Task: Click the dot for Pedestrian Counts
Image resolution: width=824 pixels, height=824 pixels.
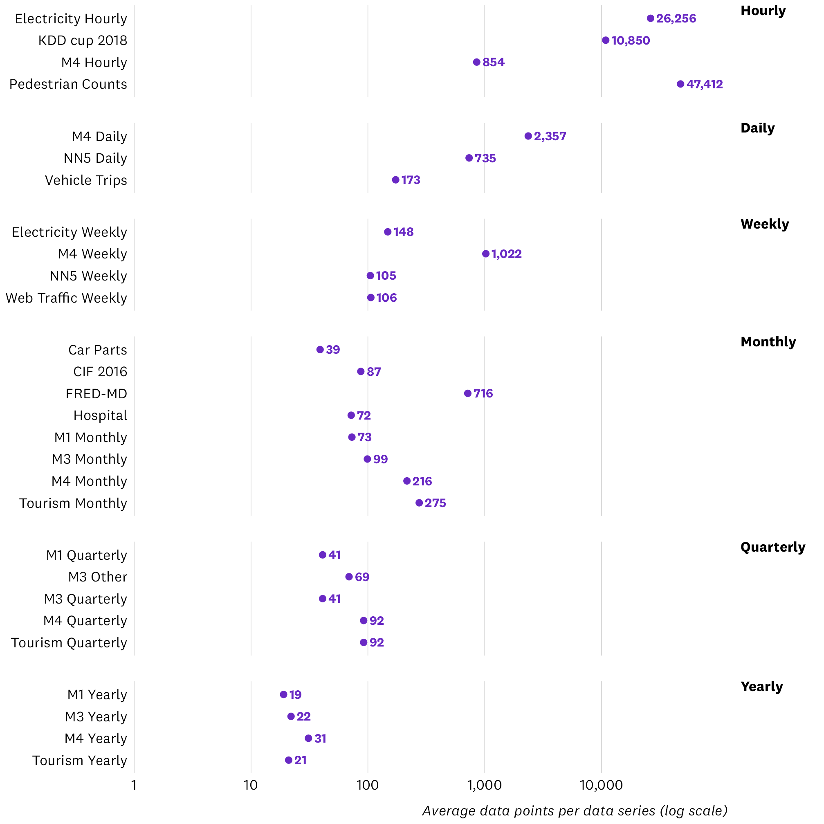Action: click(680, 84)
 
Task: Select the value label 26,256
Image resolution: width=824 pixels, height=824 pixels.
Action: click(676, 19)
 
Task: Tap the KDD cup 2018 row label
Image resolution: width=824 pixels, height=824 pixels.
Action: click(83, 40)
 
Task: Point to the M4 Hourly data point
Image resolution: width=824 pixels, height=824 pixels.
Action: click(477, 62)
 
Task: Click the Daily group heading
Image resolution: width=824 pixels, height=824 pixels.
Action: click(757, 128)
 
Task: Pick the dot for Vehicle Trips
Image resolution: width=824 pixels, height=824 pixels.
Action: click(396, 180)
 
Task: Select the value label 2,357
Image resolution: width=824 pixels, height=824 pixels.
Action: click(550, 137)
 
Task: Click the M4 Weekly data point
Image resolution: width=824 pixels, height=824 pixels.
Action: click(486, 254)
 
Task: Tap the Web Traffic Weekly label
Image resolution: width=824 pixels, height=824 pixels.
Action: click(67, 298)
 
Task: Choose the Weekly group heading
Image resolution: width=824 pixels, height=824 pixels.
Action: click(765, 224)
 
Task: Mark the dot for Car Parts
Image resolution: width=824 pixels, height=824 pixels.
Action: click(320, 350)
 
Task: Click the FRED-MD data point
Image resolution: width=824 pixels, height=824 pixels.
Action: click(468, 393)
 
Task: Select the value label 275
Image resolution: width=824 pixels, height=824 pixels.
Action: click(436, 503)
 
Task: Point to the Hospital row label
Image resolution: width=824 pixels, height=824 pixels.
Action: click(100, 415)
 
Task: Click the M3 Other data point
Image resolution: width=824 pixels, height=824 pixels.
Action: click(349, 577)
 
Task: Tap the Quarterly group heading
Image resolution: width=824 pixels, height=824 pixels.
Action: click(773, 547)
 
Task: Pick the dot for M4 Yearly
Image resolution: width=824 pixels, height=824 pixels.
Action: click(308, 738)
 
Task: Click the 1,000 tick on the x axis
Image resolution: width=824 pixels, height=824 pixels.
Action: click(485, 785)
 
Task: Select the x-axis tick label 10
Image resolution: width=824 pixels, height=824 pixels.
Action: click(251, 785)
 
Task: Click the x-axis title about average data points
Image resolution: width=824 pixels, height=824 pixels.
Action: click(575, 811)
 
